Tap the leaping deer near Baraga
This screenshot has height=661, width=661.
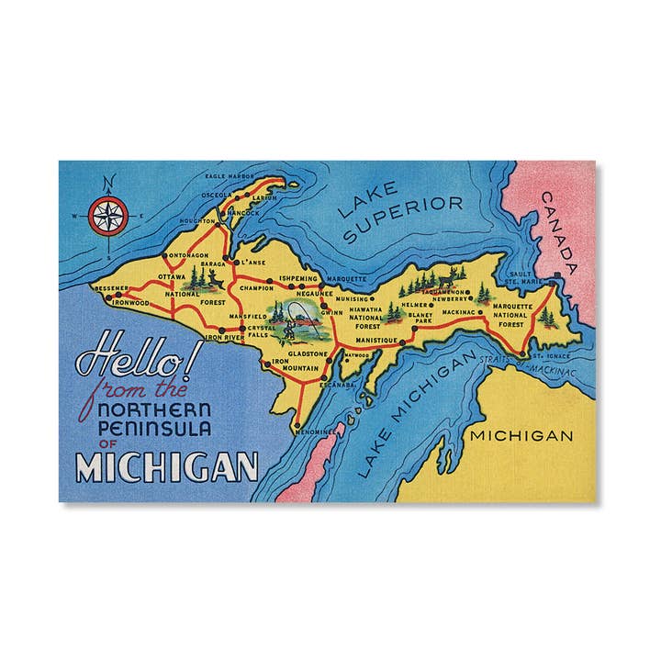pos(212,275)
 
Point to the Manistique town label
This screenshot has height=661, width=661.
pos(375,340)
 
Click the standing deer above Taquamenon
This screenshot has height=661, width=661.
pos(448,273)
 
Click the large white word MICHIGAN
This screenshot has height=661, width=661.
pos(166,466)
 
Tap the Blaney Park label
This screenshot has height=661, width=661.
pos(420,317)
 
